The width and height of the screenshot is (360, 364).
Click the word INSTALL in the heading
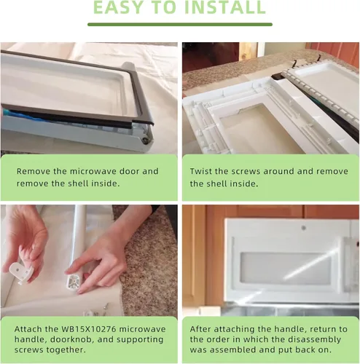[225, 7]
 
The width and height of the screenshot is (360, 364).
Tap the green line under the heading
[180, 24]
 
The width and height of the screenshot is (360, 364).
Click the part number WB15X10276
[89, 329]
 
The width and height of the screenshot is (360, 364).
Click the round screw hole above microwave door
[303, 228]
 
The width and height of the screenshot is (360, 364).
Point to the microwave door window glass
[286, 268]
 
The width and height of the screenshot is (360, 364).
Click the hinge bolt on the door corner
[145, 141]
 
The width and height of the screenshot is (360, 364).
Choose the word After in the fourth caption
[200, 329]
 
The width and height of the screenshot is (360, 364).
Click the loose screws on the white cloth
[95, 310]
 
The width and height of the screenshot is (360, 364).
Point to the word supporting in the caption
[140, 340]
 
